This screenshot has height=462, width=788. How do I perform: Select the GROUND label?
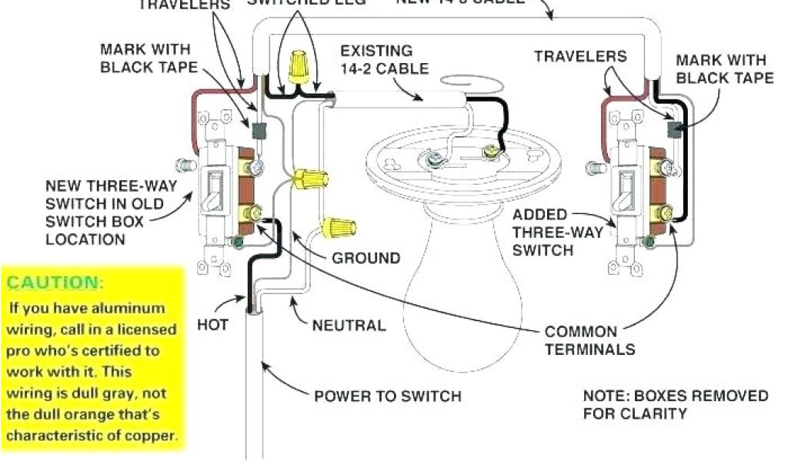tap(366, 258)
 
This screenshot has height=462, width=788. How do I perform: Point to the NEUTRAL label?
tap(349, 325)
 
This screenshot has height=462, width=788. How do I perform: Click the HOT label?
tap(212, 324)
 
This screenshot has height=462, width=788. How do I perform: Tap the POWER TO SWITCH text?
tap(388, 397)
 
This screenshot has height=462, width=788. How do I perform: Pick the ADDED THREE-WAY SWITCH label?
tap(543, 233)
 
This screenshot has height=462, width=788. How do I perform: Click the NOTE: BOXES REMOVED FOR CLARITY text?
tap(675, 404)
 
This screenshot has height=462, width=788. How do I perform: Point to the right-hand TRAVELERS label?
tap(580, 56)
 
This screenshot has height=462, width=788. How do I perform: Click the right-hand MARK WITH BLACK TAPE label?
tap(724, 69)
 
